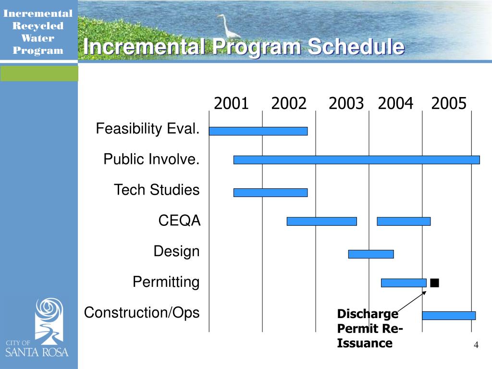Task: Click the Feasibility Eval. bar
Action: tap(258, 131)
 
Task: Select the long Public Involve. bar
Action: tap(357, 160)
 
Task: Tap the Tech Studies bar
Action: tap(271, 193)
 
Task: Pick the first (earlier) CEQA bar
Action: tap(322, 221)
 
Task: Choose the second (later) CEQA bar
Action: tap(404, 221)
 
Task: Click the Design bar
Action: tap(371, 254)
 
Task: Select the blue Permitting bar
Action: tap(404, 283)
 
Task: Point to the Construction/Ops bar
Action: tap(449, 316)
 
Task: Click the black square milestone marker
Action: tap(434, 283)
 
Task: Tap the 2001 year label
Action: tap(231, 103)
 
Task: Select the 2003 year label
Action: tap(346, 103)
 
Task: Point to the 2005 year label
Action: tap(449, 103)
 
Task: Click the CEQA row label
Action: tap(179, 220)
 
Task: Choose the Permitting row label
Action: tap(166, 282)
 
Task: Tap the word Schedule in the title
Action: tap(356, 47)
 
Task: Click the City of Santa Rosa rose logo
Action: tap(49, 321)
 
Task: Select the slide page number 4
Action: tap(476, 345)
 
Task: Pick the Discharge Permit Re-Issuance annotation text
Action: tap(369, 329)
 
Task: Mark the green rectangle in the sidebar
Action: tap(39, 74)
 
